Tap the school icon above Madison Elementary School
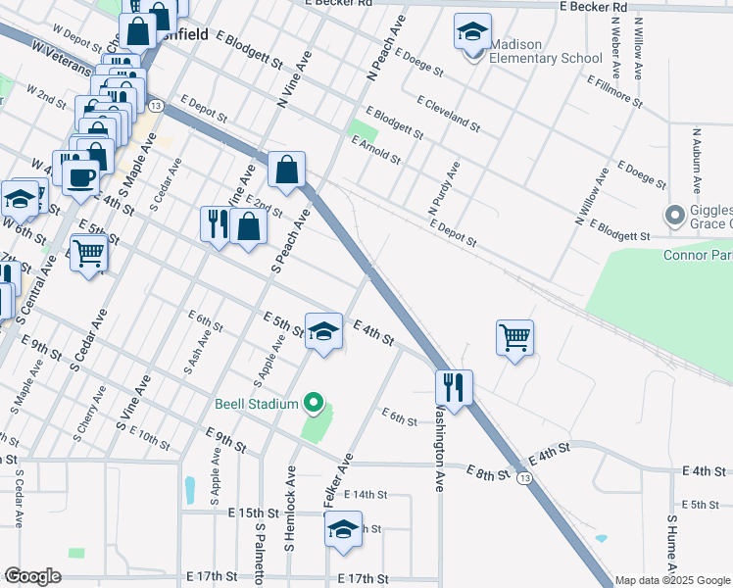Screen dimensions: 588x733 472,32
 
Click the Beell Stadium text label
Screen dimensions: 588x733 257,404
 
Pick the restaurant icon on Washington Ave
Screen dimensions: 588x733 454,386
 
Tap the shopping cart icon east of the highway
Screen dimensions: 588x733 514,337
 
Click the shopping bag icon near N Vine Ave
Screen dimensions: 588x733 286,171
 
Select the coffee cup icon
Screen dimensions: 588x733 80,176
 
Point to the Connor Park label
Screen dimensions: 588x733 698,256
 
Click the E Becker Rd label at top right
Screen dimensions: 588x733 594,7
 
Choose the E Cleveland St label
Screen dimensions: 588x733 448,114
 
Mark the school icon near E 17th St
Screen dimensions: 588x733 343,530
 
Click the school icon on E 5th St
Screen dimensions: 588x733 323,330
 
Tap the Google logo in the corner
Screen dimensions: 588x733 32,576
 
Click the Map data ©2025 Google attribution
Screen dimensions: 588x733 673,580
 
